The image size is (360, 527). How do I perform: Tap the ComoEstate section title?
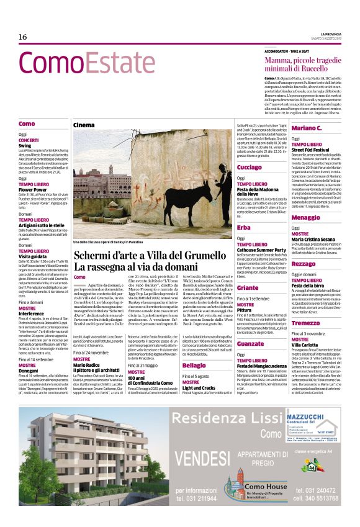pos(86,63)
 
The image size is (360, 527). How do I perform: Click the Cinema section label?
pos(84,125)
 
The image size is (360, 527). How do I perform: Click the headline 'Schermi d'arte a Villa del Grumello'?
pos(146,256)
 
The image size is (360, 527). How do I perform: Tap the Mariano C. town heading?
pos(306,128)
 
